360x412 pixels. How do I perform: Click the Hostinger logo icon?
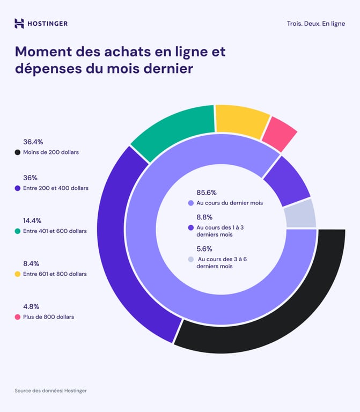[x=19, y=23]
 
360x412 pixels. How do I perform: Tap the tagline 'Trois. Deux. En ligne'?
[x=316, y=24]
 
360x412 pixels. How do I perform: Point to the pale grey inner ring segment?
[x=300, y=214]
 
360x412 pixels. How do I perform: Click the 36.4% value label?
[x=33, y=142]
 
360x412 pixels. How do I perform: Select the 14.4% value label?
[x=32, y=220]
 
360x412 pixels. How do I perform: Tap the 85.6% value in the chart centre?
[x=207, y=193]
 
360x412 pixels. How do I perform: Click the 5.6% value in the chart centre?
[x=204, y=249]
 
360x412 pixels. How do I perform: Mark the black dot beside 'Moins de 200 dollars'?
[x=18, y=152]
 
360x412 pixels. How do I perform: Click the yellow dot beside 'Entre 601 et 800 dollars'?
[x=18, y=274]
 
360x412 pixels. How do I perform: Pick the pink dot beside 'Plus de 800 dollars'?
[x=18, y=317]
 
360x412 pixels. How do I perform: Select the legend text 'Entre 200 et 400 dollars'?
[x=56, y=188]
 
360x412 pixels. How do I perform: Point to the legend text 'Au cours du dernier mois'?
[x=230, y=203]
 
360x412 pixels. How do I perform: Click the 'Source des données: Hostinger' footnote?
[x=50, y=391]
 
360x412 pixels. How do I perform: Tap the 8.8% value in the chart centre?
[x=204, y=217]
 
